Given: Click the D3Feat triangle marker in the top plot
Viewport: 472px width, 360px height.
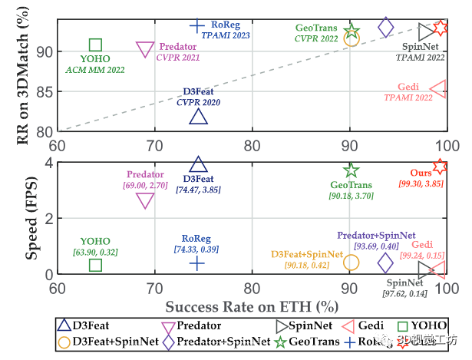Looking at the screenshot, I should pyautogui.click(x=198, y=117).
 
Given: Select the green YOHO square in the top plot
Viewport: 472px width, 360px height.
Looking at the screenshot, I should pyautogui.click(x=95, y=45).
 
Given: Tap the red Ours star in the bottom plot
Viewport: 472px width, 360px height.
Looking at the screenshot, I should pyautogui.click(x=440, y=166).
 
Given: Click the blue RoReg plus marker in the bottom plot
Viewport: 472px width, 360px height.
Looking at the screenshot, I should pyautogui.click(x=197, y=263).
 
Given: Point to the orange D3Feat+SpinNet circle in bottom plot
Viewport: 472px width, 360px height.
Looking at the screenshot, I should pyautogui.click(x=351, y=263).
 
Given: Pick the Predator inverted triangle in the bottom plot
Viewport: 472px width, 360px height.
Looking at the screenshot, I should pyautogui.click(x=144, y=200).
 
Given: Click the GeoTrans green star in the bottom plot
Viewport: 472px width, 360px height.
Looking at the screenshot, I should pyautogui.click(x=352, y=170).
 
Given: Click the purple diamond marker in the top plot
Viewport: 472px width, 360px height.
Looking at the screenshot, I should pyautogui.click(x=386, y=28).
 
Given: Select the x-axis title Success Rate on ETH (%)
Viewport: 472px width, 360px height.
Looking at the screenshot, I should pyautogui.click(x=252, y=306).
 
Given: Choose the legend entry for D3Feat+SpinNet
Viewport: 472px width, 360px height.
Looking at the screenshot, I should pyautogui.click(x=121, y=340).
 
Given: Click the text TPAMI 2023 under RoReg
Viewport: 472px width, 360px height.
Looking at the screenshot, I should pyautogui.click(x=226, y=35).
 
